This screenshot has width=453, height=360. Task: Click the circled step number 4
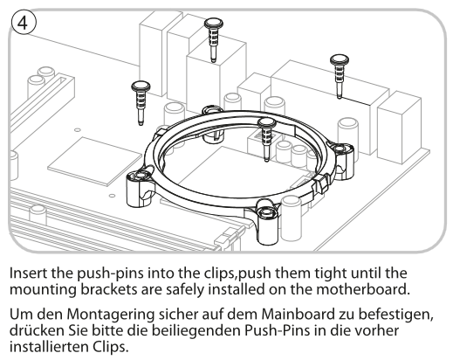click(24, 23)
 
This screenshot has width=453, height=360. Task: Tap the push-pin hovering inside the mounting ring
click(266, 139)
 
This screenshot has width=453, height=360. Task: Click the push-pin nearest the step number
click(141, 103)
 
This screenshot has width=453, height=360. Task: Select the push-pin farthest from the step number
click(340, 76)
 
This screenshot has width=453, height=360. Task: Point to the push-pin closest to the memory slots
click(141, 103)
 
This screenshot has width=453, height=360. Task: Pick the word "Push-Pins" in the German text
click(277, 330)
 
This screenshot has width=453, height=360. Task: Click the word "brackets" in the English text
click(108, 289)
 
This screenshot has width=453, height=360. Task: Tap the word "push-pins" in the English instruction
click(112, 274)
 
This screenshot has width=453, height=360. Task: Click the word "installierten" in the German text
click(50, 347)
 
